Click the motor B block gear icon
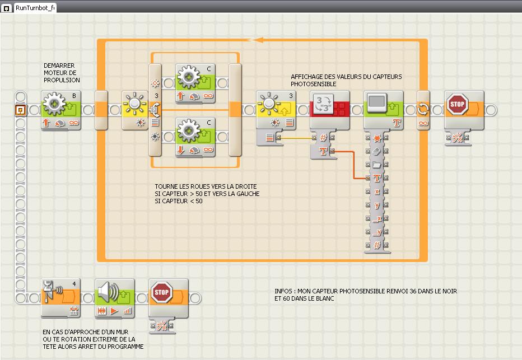click(54, 104)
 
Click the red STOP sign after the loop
click(458, 104)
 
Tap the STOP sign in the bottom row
click(161, 292)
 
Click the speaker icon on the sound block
click(109, 292)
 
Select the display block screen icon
click(377, 103)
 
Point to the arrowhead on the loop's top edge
click(259, 40)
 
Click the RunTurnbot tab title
click(34, 6)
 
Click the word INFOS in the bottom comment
click(284, 292)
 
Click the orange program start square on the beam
click(20, 110)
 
